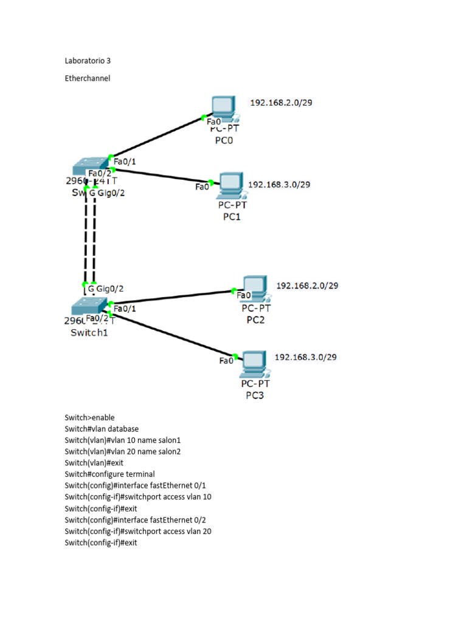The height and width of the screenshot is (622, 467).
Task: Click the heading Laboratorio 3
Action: [x=88, y=61]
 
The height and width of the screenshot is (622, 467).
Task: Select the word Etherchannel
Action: [x=88, y=78]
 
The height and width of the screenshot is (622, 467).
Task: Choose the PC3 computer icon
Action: [x=255, y=363]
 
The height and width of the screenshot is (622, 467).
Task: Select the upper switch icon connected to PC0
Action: [x=89, y=165]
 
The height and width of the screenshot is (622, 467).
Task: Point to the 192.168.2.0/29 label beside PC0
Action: [x=281, y=103]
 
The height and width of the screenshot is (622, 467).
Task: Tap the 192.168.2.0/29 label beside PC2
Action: [x=307, y=285]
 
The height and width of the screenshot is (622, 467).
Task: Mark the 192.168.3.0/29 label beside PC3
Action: [x=305, y=357]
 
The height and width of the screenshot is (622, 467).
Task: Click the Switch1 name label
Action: [x=89, y=333]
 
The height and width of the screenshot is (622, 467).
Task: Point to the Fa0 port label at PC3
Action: [x=226, y=361]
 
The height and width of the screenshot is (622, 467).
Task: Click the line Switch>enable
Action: [x=89, y=417]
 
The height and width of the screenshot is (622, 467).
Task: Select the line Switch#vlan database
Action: [x=102, y=429]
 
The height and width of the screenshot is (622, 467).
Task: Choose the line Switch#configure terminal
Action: [x=109, y=474]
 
